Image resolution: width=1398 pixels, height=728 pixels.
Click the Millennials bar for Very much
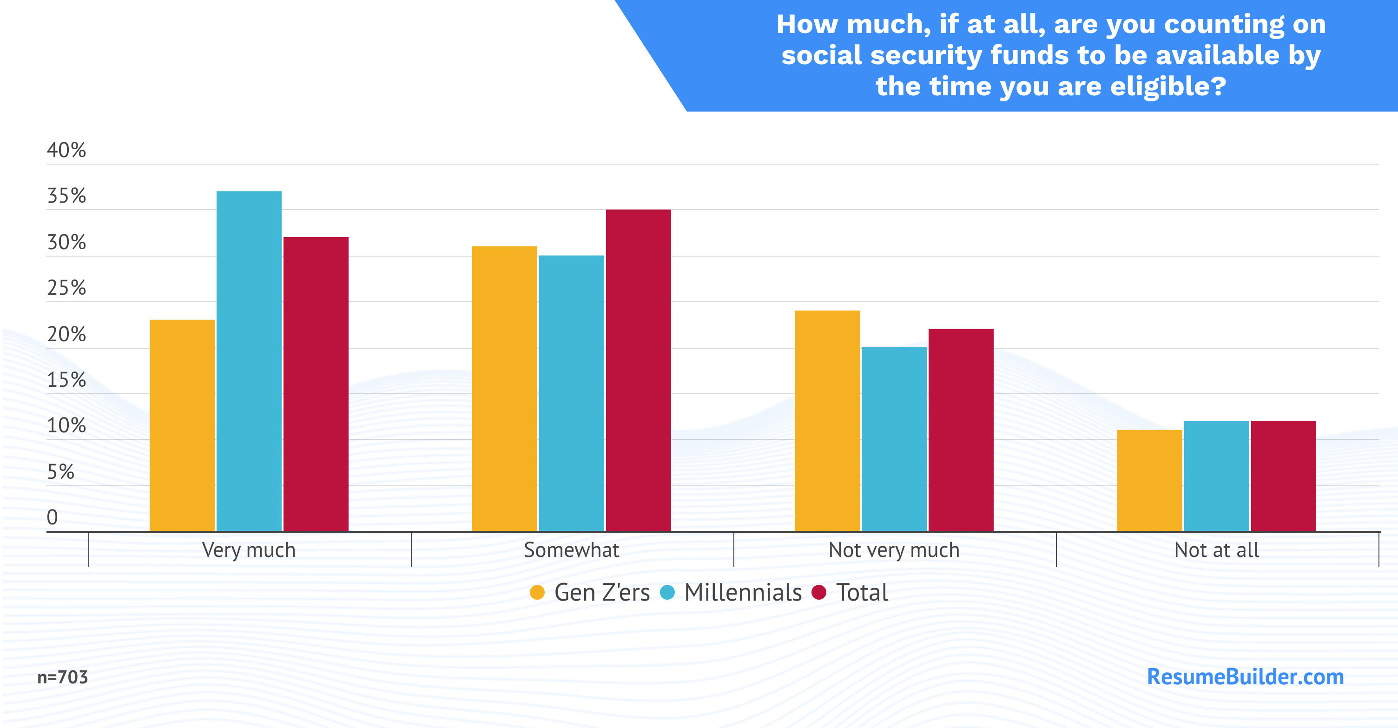249,361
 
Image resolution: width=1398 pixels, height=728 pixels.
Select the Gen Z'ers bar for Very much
182,426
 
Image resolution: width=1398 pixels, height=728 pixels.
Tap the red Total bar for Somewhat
638,370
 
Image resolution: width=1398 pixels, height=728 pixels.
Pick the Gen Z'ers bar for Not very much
827,421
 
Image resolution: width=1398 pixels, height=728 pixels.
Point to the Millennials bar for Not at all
1217,476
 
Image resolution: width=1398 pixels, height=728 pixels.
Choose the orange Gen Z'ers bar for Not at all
1149,480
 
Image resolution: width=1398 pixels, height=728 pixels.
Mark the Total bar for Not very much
961,430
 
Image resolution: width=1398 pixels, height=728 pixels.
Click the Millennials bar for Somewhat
572,393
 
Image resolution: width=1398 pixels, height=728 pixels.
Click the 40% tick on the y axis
66,150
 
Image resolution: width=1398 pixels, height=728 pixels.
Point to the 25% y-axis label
66,288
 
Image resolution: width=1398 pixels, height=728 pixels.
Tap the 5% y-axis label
60,472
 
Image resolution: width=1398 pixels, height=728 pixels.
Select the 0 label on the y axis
52,517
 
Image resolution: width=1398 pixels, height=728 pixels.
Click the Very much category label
249,550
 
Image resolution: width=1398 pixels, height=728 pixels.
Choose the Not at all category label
1217,550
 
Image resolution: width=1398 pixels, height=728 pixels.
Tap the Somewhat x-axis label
572,550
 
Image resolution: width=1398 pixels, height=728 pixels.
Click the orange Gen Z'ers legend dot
537,592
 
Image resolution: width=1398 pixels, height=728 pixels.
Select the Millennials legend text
743,592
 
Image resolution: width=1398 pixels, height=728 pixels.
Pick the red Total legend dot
818,592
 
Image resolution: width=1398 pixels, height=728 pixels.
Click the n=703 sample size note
62,677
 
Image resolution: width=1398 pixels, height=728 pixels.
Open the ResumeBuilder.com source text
1246,676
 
